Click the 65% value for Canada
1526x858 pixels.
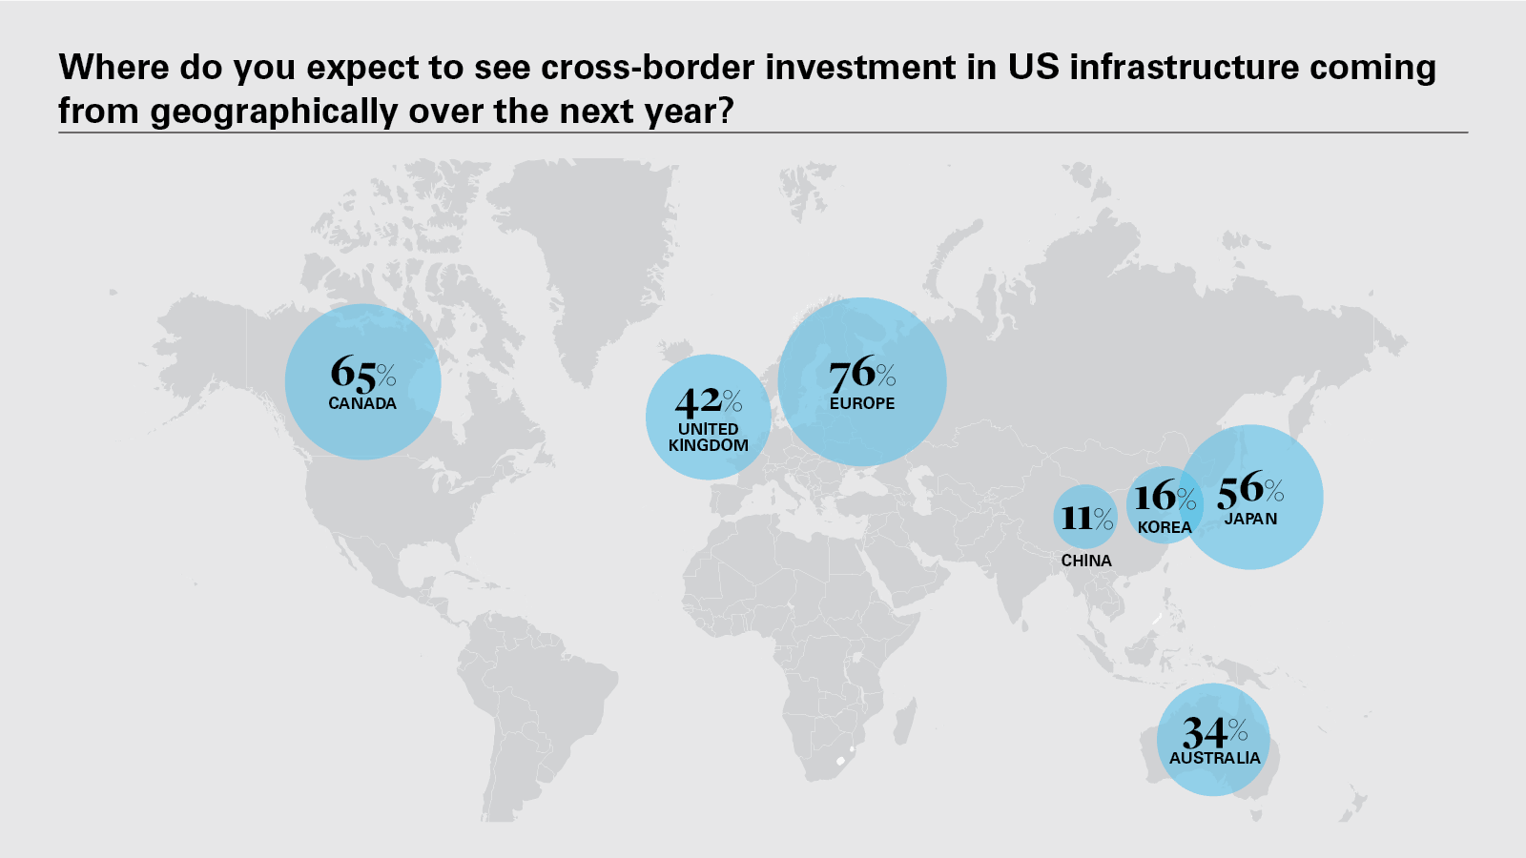click(363, 373)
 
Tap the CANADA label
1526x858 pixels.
click(362, 404)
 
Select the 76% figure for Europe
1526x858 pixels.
click(862, 374)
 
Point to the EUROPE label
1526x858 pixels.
click(862, 403)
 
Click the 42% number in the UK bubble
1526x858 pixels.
click(709, 401)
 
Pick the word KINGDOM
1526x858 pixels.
click(709, 445)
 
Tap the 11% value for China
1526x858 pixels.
click(1087, 519)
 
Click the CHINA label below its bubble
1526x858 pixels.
click(1086, 561)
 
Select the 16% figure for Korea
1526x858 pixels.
click(1165, 497)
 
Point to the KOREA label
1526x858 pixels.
click(1165, 527)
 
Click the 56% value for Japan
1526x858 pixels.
click(1250, 489)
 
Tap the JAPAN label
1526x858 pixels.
click(1250, 519)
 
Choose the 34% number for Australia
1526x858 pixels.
click(1215, 733)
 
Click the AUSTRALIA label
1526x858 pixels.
click(1215, 758)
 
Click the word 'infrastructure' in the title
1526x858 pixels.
click(1184, 68)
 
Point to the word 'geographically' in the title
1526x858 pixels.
click(274, 112)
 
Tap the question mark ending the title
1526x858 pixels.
click(725, 110)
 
